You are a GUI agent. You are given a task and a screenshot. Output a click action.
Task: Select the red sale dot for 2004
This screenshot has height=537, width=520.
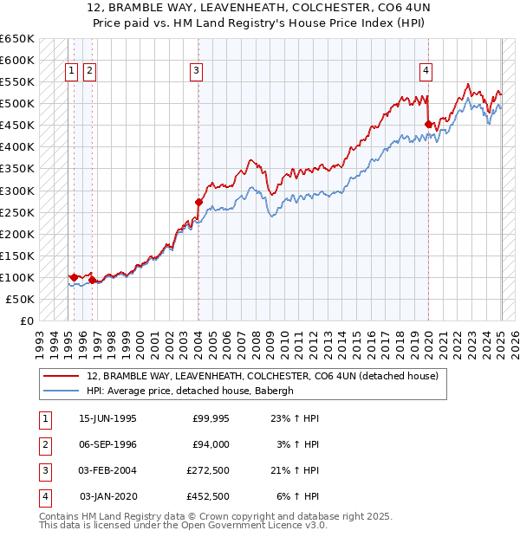point(198,203)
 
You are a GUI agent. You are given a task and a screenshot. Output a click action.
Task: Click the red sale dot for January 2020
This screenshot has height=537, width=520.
point(428,125)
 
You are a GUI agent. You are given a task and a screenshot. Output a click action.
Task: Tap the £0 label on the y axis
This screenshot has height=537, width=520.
point(27,320)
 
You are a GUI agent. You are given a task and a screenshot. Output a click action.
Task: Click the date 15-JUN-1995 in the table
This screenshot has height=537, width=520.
point(107,418)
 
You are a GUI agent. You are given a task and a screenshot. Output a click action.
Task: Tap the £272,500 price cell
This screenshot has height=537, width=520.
point(207,470)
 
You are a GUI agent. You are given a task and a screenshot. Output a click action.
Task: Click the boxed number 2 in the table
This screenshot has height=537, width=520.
point(44,444)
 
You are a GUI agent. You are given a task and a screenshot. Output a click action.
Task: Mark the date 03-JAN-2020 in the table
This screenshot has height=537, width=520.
point(107,496)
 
